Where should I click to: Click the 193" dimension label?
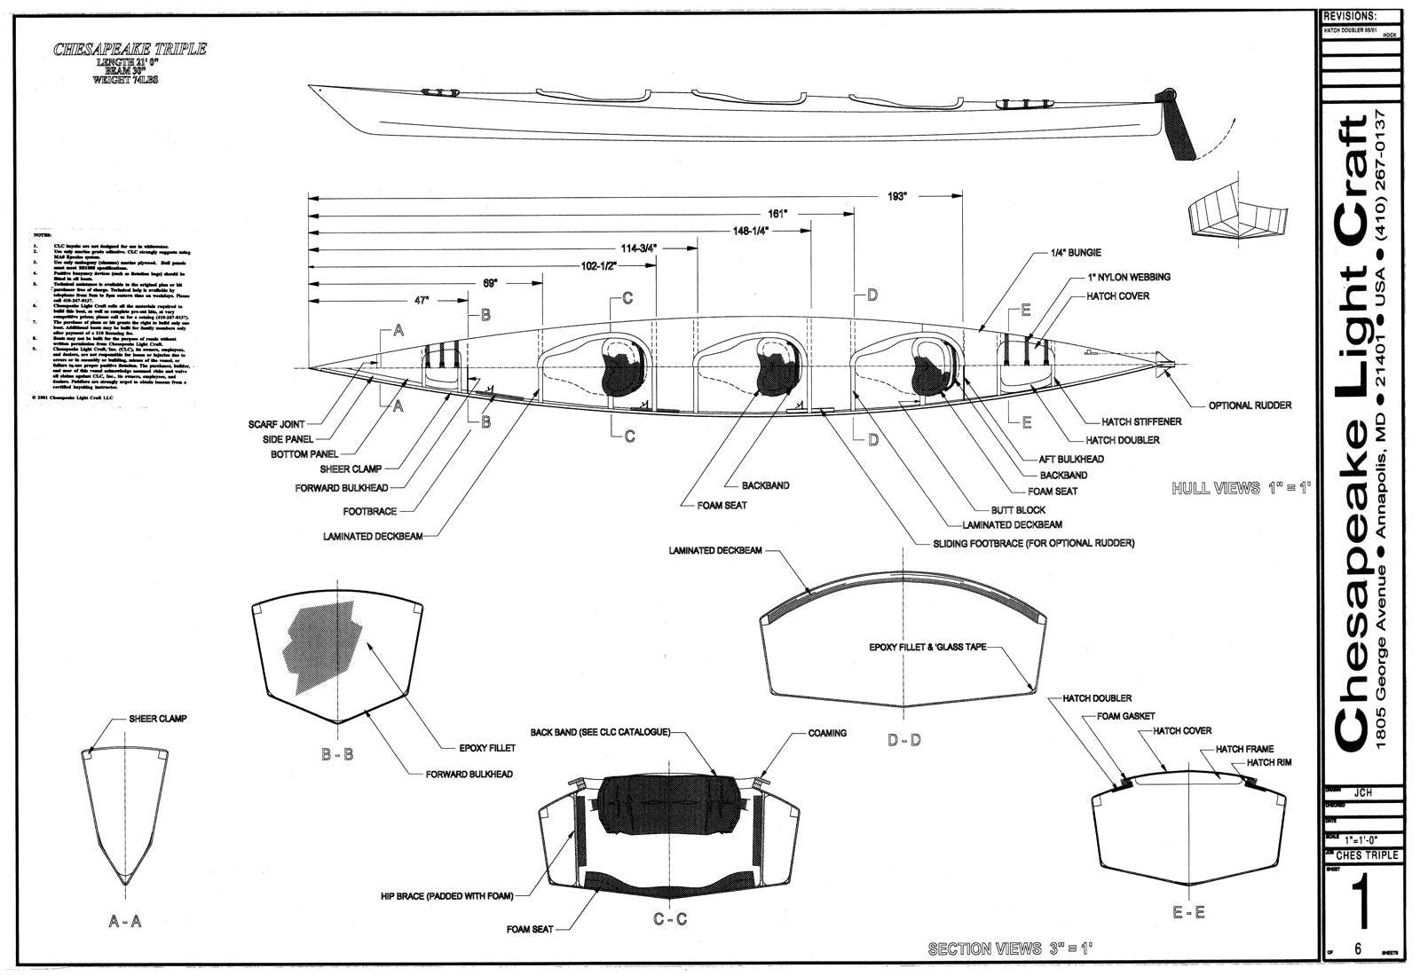(x=896, y=196)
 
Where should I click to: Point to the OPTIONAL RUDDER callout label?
(x=1250, y=405)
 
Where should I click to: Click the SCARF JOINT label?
(x=277, y=425)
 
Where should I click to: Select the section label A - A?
(x=125, y=922)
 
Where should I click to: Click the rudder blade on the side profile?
(x=1181, y=129)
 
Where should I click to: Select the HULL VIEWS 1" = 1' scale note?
(x=1241, y=488)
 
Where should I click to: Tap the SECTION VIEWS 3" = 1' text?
(x=1010, y=948)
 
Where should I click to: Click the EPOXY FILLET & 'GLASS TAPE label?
(x=927, y=648)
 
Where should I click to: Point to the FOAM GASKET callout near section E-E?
(x=1125, y=716)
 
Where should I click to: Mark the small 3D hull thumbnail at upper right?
(x=1235, y=212)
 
